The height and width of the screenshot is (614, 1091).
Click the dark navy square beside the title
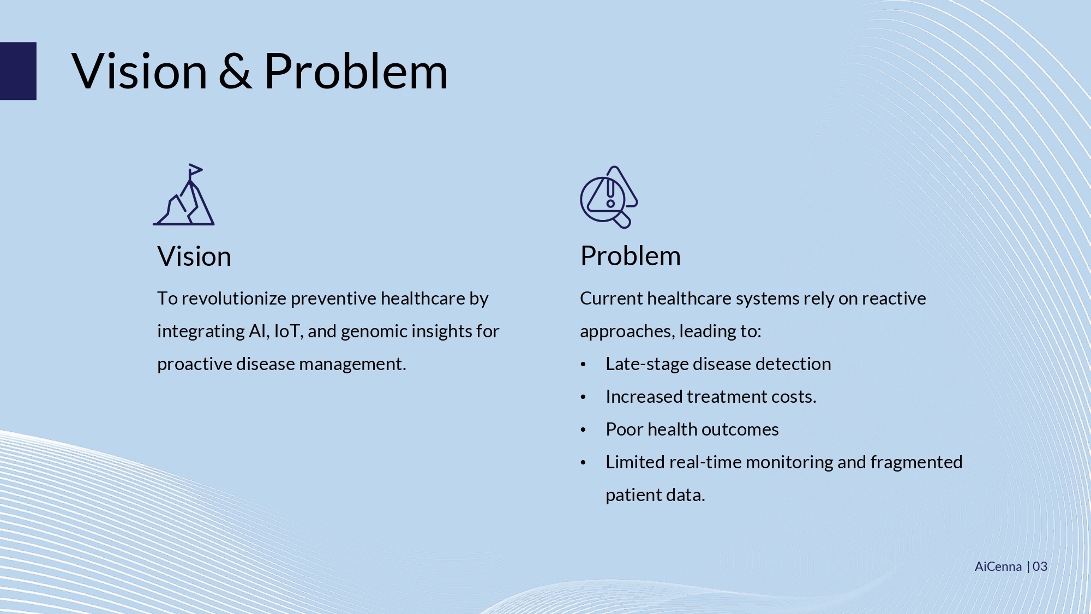click(x=18, y=71)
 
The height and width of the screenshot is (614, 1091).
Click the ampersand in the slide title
click(x=235, y=71)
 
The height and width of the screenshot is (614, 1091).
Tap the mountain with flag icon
click(x=184, y=194)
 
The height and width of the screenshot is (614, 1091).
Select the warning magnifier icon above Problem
click(x=609, y=196)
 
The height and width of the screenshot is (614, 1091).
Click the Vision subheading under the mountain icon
click(x=194, y=256)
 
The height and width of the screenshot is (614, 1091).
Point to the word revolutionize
click(x=234, y=299)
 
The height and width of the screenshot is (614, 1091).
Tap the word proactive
click(x=194, y=364)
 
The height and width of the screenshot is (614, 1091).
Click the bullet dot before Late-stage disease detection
click(x=583, y=365)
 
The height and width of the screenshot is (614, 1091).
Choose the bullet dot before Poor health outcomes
click(x=583, y=430)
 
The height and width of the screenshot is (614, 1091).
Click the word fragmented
click(x=916, y=462)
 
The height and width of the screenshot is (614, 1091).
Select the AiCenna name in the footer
click(x=998, y=567)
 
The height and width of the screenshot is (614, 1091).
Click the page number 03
click(x=1040, y=567)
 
